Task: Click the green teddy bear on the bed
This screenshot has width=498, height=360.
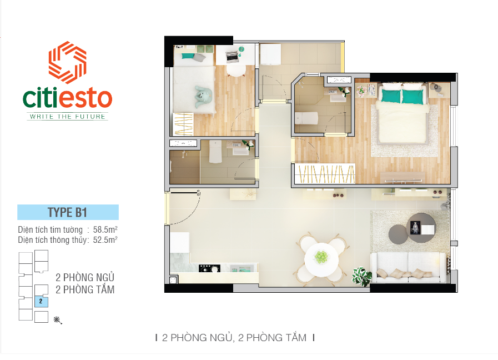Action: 203,96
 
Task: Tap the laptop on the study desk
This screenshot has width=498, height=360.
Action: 232,56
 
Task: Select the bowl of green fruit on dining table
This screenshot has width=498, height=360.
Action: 321,257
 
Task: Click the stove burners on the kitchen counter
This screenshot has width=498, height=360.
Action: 209,269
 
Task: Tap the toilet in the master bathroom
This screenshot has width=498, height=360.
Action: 306,118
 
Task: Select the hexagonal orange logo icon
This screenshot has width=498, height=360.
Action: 67,63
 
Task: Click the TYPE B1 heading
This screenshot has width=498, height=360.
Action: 67,212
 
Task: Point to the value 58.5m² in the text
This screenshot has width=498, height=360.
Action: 105,229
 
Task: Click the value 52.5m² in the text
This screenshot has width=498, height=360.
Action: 105,239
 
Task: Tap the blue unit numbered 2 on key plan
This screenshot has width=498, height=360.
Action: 41,302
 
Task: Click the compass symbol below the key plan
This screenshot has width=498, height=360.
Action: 58,321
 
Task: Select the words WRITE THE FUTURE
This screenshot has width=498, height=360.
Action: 67,117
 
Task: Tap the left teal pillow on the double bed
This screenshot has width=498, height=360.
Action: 391,96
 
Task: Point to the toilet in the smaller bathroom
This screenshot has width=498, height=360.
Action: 215,152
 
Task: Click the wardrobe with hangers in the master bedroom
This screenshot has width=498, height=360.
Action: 325,173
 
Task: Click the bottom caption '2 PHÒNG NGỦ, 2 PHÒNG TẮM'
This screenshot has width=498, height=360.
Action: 234,337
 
